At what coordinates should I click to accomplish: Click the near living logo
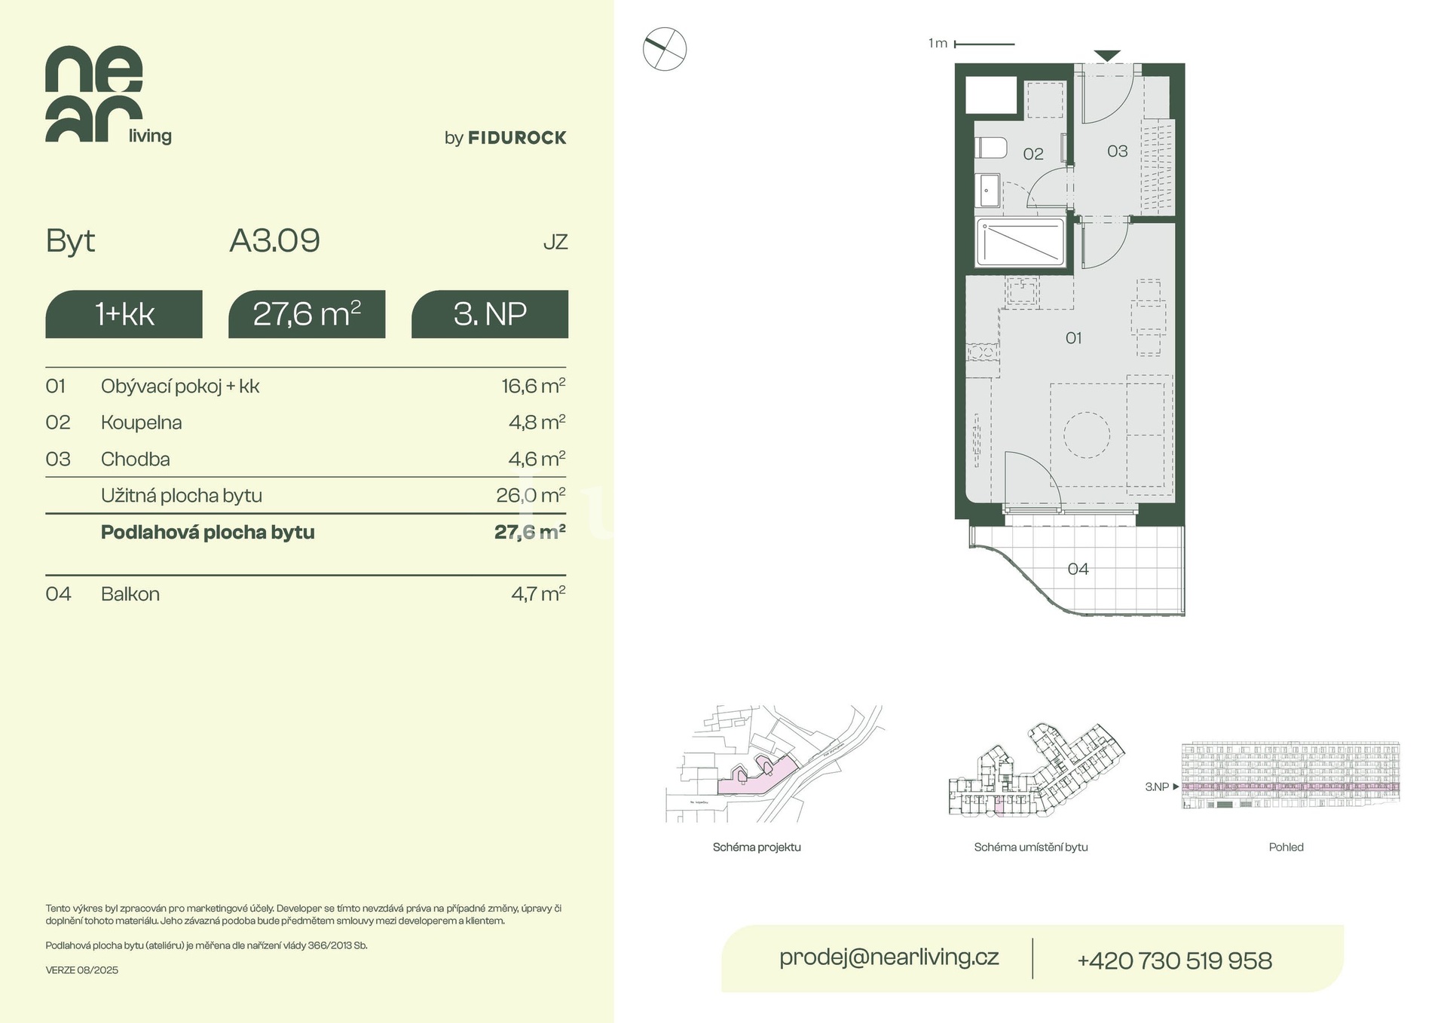(x=109, y=94)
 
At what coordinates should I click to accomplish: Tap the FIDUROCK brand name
(x=517, y=138)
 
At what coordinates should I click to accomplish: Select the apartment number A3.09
(x=275, y=241)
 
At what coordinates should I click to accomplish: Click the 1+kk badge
(x=124, y=314)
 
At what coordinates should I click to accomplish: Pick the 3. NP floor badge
(x=490, y=314)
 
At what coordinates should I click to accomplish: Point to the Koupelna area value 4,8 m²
(x=537, y=422)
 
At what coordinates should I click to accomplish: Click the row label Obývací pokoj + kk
(x=180, y=386)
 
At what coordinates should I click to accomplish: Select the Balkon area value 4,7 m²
(x=538, y=594)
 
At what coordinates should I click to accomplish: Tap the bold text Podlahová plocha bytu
(x=208, y=533)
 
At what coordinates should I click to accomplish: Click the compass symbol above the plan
(x=665, y=50)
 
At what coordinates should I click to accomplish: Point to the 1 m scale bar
(x=984, y=44)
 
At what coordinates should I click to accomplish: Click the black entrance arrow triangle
(x=1107, y=56)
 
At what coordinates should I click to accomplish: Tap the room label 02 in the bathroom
(x=1033, y=154)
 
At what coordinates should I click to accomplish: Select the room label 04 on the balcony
(x=1078, y=570)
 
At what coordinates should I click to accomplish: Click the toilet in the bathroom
(x=990, y=148)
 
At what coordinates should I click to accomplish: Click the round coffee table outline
(x=1087, y=435)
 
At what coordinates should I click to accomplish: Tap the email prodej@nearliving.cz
(x=889, y=957)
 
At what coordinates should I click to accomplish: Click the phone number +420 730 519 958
(x=1175, y=960)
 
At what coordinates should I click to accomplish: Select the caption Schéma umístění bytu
(x=1031, y=847)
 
